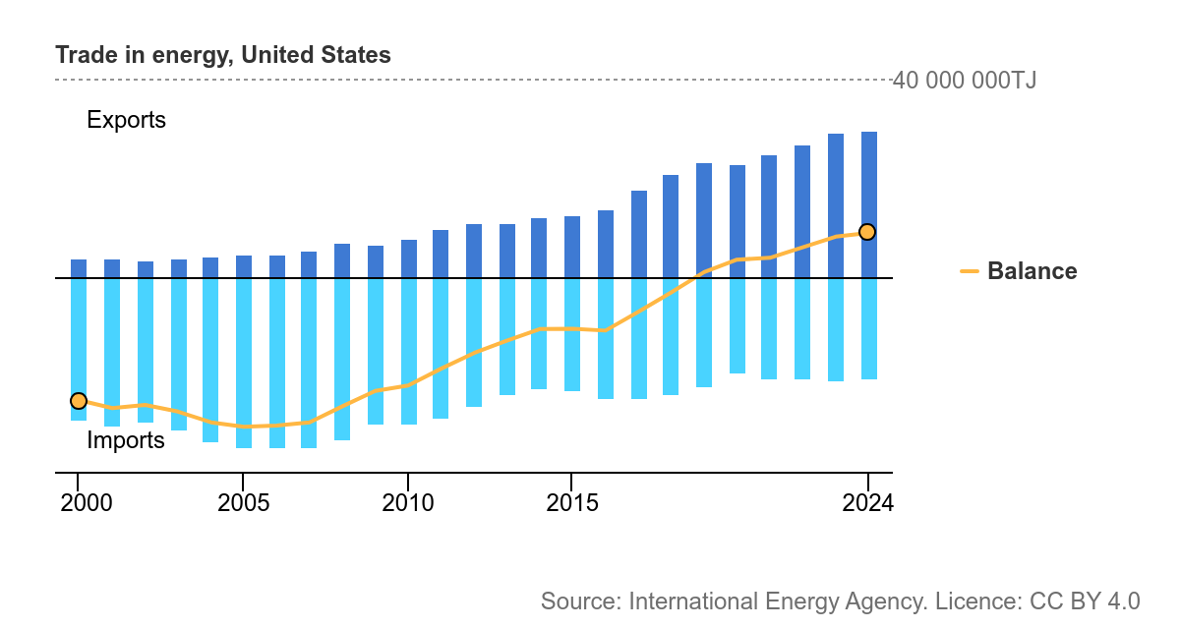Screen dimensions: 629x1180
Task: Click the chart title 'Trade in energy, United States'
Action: pyautogui.click(x=223, y=55)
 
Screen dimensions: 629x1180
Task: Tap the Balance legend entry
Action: pyautogui.click(x=1031, y=271)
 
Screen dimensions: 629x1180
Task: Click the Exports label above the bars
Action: pyautogui.click(x=126, y=120)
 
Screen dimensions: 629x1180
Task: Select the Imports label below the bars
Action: pyautogui.click(x=126, y=440)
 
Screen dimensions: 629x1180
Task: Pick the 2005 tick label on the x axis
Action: pyautogui.click(x=244, y=503)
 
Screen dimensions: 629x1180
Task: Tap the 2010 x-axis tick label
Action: pyautogui.click(x=408, y=503)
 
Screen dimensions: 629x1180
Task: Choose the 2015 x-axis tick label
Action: pyautogui.click(x=572, y=503)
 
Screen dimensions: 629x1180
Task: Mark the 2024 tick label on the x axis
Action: pyautogui.click(x=868, y=503)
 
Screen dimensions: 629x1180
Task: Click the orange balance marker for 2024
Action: pyautogui.click(x=867, y=232)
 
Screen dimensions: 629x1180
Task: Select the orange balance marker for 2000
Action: pyautogui.click(x=79, y=400)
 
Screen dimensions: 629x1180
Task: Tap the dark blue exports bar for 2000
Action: pyautogui.click(x=79, y=268)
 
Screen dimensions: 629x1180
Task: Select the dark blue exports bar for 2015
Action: pyautogui.click(x=572, y=247)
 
